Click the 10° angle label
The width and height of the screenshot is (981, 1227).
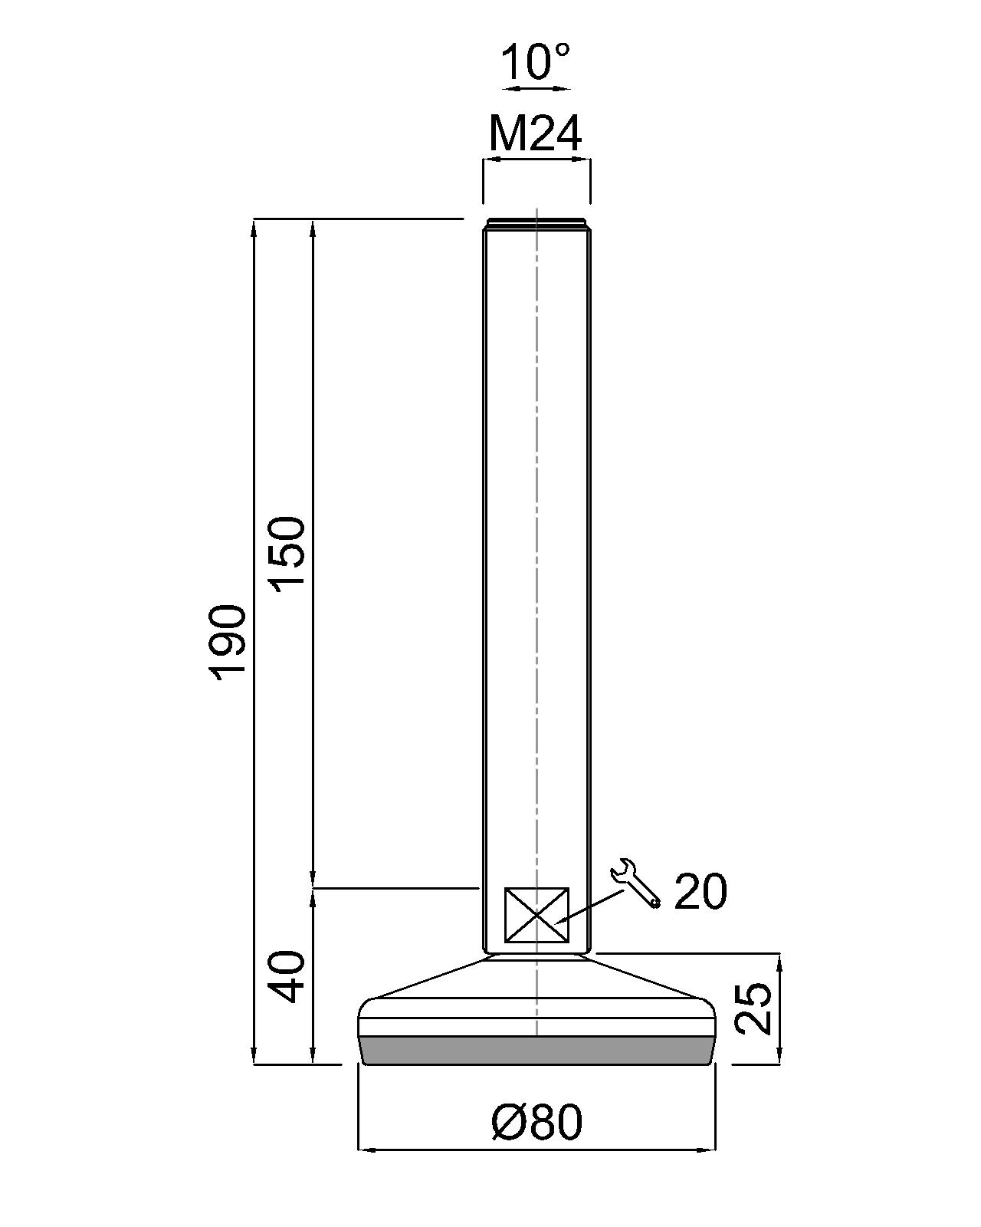pos(536,62)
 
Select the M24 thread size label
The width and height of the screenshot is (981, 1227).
pos(536,134)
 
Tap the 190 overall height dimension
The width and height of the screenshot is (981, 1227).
pos(228,641)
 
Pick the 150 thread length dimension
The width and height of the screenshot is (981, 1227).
pos(289,551)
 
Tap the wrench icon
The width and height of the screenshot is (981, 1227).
pos(635,883)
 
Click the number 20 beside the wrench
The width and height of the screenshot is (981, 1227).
pos(700,892)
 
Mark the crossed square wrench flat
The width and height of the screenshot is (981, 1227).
pos(536,915)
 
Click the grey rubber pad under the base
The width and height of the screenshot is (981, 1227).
pos(536,1050)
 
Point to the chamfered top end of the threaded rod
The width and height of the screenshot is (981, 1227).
pos(536,224)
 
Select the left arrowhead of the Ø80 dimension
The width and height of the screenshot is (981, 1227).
pos(365,1150)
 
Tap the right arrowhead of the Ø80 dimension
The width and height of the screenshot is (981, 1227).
pos(709,1150)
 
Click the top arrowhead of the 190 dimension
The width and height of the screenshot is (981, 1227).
pos(254,227)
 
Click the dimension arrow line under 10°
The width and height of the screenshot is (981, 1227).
pos(540,89)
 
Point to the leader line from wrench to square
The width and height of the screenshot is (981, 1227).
pos(594,904)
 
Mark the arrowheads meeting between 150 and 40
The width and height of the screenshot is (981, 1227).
pos(313,888)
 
